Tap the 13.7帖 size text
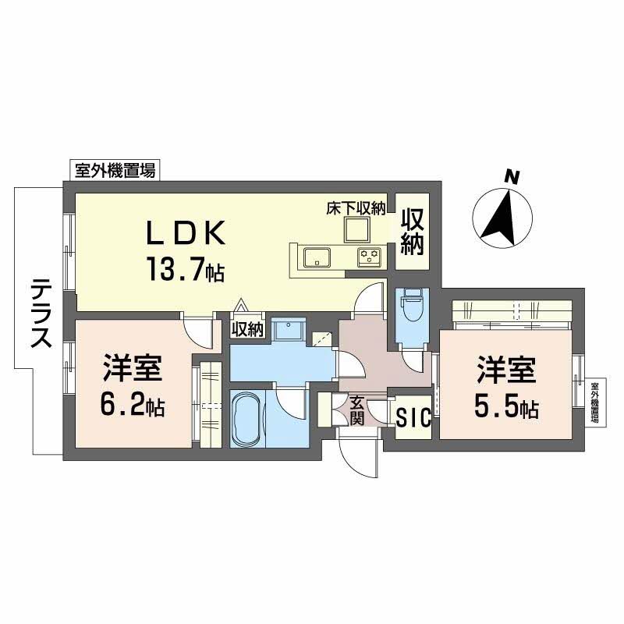pos(183,269)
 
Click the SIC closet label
pos(413,418)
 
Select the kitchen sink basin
pos(317,256)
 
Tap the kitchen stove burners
pos(368,255)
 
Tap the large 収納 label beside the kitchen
pos(413,232)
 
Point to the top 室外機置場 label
pos(115,170)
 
